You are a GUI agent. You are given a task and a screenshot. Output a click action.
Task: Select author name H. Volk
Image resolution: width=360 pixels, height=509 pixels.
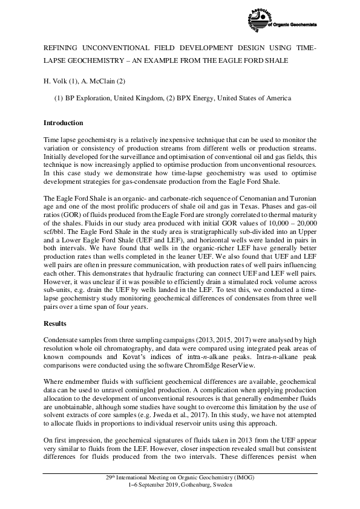point(56,80)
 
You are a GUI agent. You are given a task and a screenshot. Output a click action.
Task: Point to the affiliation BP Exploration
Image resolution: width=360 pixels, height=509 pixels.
point(90,98)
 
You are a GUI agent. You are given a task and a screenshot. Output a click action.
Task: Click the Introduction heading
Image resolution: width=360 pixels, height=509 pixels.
point(64,123)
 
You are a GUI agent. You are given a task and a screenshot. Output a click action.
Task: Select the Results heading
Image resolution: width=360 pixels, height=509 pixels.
point(56,324)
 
